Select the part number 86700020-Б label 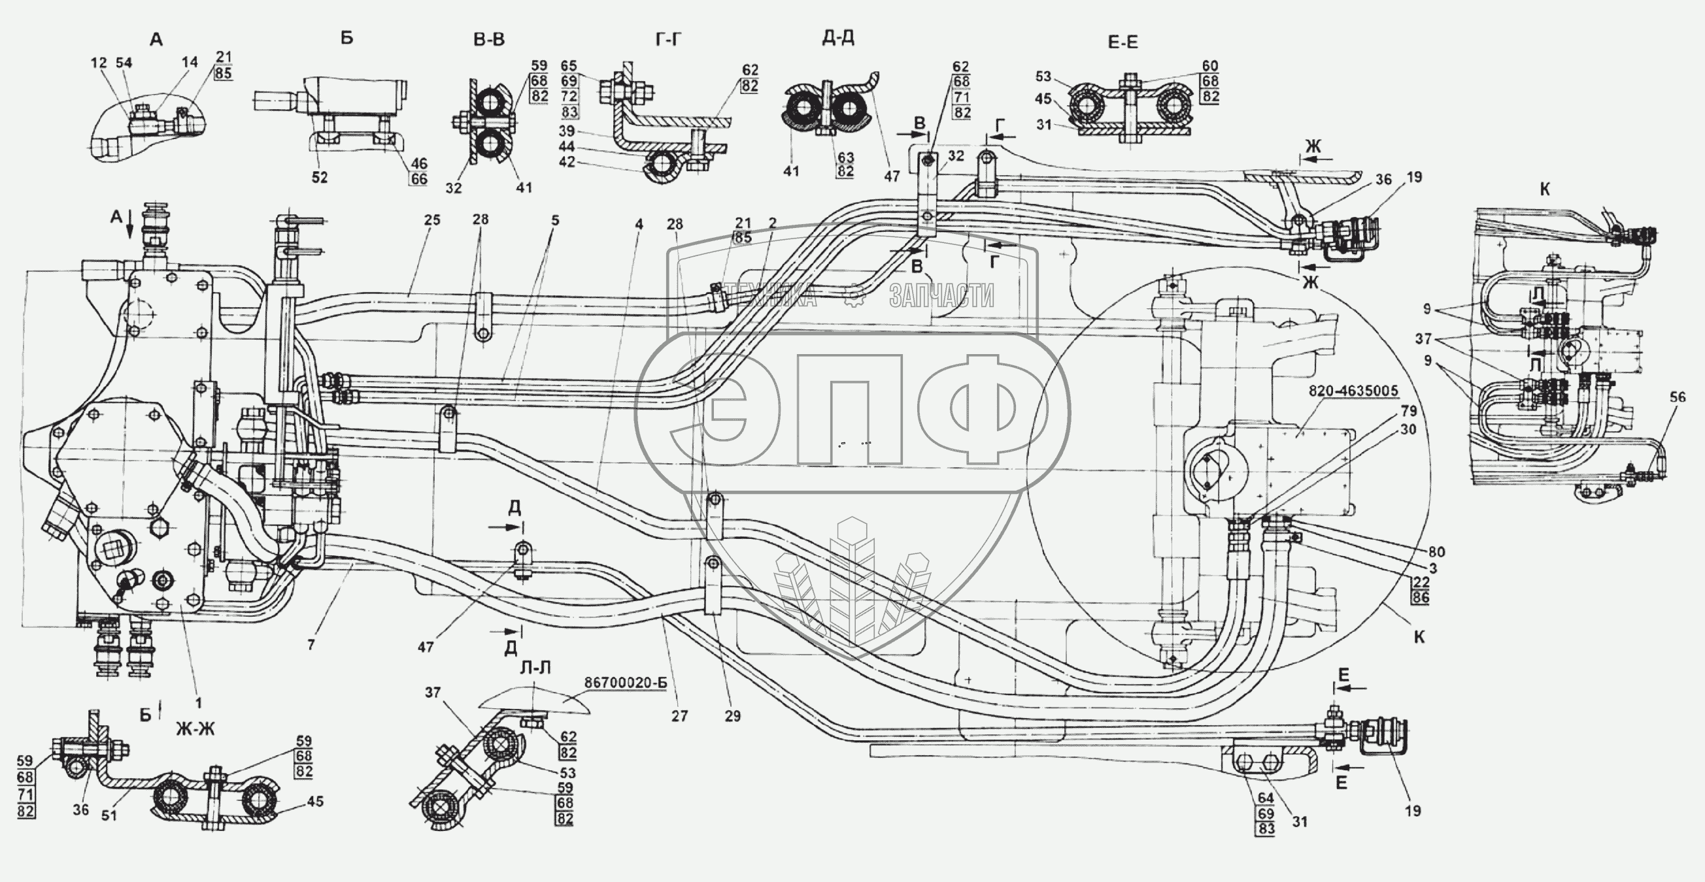[x=625, y=683]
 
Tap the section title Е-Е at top [x=1123, y=43]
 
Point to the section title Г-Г [x=669, y=41]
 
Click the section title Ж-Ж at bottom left [x=195, y=729]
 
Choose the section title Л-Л [x=535, y=669]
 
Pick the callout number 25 [x=431, y=220]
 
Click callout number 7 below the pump [x=311, y=644]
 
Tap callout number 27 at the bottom [x=680, y=715]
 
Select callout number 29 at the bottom [x=733, y=715]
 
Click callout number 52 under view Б [x=320, y=177]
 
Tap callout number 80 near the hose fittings [x=1436, y=552]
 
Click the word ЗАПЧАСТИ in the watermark [x=941, y=297]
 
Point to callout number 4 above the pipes [x=639, y=224]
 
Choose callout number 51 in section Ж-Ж [x=109, y=815]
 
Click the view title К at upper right [x=1545, y=189]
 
